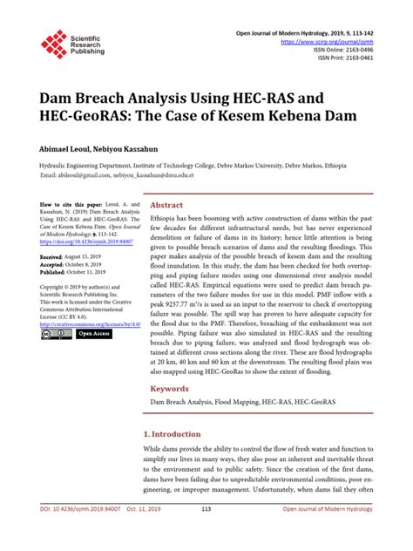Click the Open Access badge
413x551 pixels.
point(94,333)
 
